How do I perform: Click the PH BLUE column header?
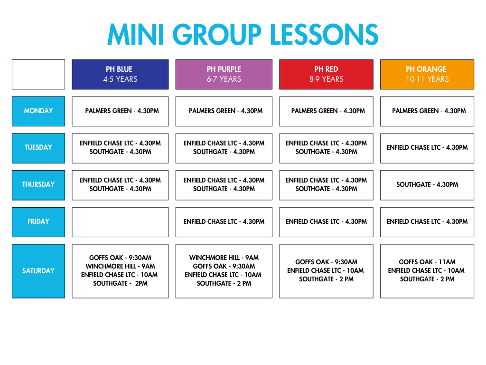[120, 75]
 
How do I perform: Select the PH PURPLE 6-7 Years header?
[224, 75]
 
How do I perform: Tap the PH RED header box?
[326, 75]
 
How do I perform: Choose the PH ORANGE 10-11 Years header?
[427, 75]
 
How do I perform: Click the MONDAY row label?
[38, 111]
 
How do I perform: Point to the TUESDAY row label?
[38, 148]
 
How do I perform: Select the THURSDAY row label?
[38, 185]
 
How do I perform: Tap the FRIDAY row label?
[38, 222]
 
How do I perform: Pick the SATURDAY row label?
[38, 271]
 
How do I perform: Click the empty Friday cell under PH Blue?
[120, 222]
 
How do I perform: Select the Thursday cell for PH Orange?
[427, 185]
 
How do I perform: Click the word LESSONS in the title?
[324, 34]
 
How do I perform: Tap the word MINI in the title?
[136, 34]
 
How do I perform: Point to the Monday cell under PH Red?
[326, 111]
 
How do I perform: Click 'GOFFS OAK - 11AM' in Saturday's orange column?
[427, 262]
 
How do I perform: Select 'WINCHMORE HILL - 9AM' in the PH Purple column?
[224, 258]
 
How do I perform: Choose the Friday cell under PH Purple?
[224, 222]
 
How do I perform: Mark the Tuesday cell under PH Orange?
[427, 148]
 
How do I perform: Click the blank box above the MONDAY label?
[38, 75]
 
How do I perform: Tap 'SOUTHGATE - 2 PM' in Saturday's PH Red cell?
[326, 279]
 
